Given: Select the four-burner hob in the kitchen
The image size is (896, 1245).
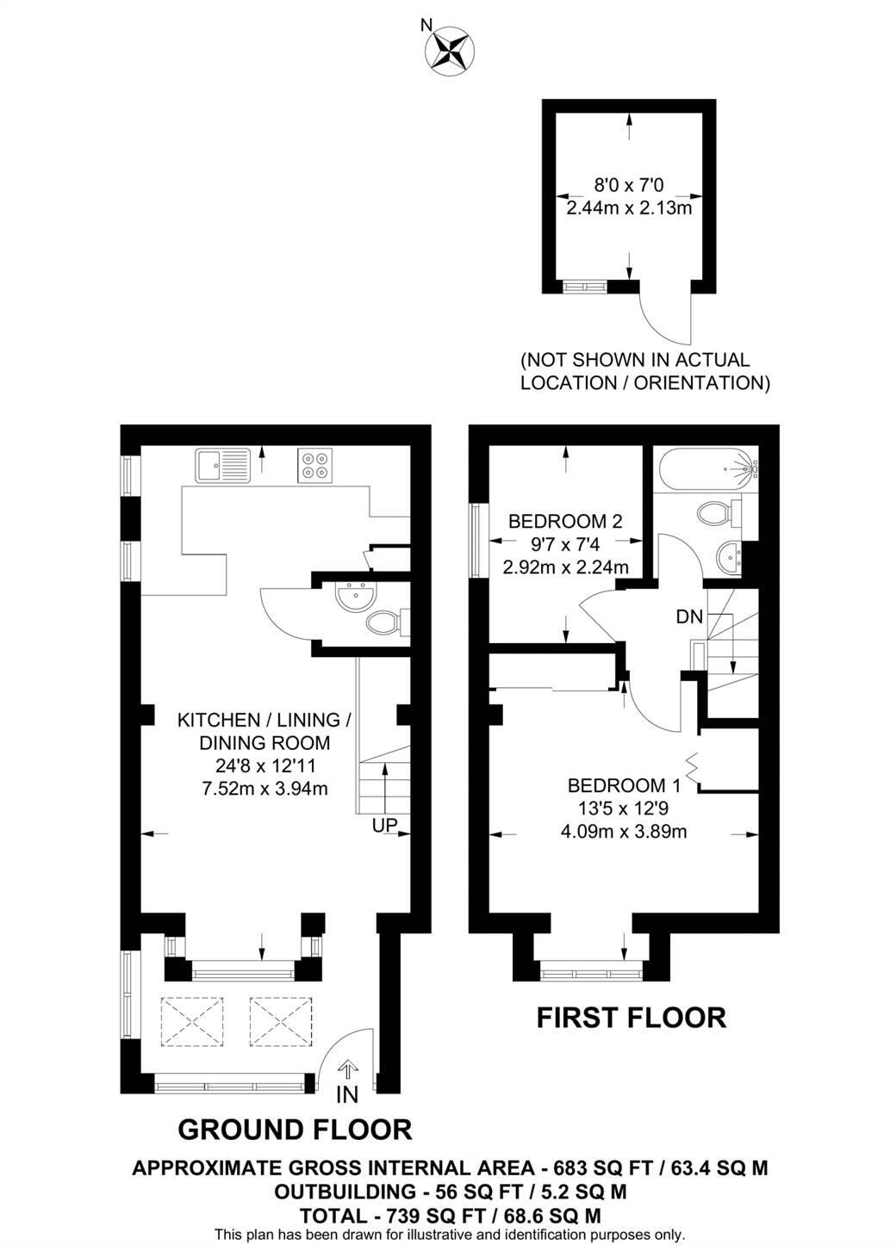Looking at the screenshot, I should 314,465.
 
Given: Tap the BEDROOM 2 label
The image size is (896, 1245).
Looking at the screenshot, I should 564,521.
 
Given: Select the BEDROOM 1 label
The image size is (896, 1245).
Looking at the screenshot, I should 624,785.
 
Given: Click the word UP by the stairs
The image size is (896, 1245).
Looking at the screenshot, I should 384,826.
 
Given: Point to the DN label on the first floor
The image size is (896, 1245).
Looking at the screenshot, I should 689,616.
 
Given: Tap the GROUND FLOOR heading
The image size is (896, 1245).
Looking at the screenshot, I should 294,1129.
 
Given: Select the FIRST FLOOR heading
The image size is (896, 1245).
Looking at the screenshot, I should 631,1018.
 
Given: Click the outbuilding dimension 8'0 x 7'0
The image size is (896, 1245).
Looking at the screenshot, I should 629,183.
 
